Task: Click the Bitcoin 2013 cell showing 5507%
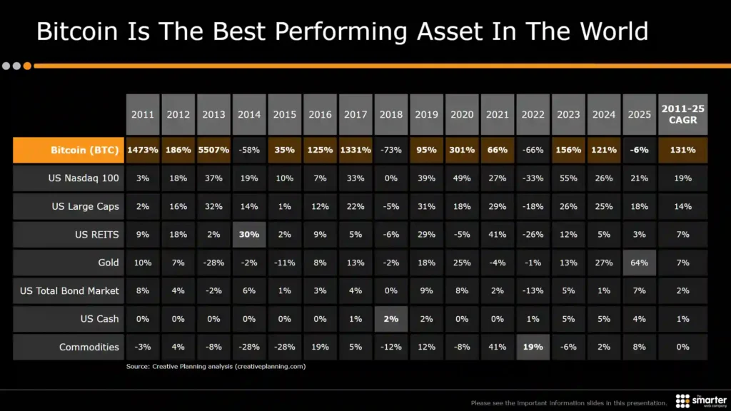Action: coord(213,151)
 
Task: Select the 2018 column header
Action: coord(391,114)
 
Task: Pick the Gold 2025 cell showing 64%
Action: coord(640,263)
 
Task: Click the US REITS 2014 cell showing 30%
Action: coord(249,235)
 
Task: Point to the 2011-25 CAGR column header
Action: coord(683,114)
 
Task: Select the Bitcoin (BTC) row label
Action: coord(84,151)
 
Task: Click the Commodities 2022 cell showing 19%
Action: coord(533,347)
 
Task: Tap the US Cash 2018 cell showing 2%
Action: coord(391,319)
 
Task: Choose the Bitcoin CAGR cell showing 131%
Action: coord(683,151)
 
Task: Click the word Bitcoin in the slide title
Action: coord(80,32)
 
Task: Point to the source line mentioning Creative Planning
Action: coord(216,366)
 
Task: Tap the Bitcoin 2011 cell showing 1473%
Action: coord(143,151)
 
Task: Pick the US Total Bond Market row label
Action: coord(70,290)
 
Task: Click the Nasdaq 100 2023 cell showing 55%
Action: coord(569,178)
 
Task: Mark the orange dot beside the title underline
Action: coord(27,66)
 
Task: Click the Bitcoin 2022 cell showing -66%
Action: coord(533,151)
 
